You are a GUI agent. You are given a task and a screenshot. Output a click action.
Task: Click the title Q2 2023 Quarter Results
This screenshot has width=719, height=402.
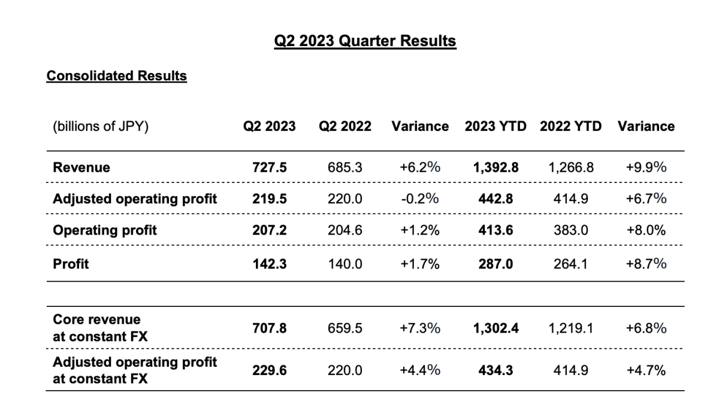[x=365, y=41]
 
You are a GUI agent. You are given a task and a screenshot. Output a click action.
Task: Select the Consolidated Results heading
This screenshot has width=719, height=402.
[x=116, y=76]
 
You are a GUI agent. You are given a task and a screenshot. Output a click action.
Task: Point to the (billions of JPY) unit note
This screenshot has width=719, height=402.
[x=101, y=127]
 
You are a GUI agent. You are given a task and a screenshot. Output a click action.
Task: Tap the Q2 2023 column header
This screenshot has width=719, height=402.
[x=269, y=127]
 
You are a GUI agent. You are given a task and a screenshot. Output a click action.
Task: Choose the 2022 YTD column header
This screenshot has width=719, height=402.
[x=570, y=127]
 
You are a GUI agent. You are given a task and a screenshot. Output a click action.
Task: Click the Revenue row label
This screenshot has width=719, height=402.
[x=81, y=167]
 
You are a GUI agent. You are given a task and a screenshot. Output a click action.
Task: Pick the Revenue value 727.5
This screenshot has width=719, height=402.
[x=270, y=167]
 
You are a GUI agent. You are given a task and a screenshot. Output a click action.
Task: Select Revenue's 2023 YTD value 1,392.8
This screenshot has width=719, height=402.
[x=496, y=167]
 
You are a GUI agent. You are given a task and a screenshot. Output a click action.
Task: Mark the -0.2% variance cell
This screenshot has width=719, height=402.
[x=420, y=199]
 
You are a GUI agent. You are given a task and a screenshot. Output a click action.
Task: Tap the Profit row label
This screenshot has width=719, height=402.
[x=71, y=264]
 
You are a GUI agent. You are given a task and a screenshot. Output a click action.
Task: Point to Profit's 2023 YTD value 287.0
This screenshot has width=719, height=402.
[x=496, y=264]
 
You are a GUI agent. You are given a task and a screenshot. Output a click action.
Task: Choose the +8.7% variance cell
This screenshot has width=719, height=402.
[x=646, y=264]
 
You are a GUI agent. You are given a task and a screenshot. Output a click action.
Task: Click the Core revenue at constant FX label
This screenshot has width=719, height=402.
[x=99, y=328]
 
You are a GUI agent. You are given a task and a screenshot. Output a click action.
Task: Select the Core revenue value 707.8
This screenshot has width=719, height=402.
[x=270, y=328]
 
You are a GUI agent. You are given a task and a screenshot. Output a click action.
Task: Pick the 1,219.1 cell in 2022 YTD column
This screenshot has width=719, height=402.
[x=571, y=328]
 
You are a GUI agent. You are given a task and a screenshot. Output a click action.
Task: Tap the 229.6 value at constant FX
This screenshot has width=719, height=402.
[x=270, y=371]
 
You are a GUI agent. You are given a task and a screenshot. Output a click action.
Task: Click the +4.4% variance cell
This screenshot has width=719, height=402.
[x=420, y=371]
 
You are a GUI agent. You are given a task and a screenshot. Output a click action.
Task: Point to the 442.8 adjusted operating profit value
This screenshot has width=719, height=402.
[x=496, y=199]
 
